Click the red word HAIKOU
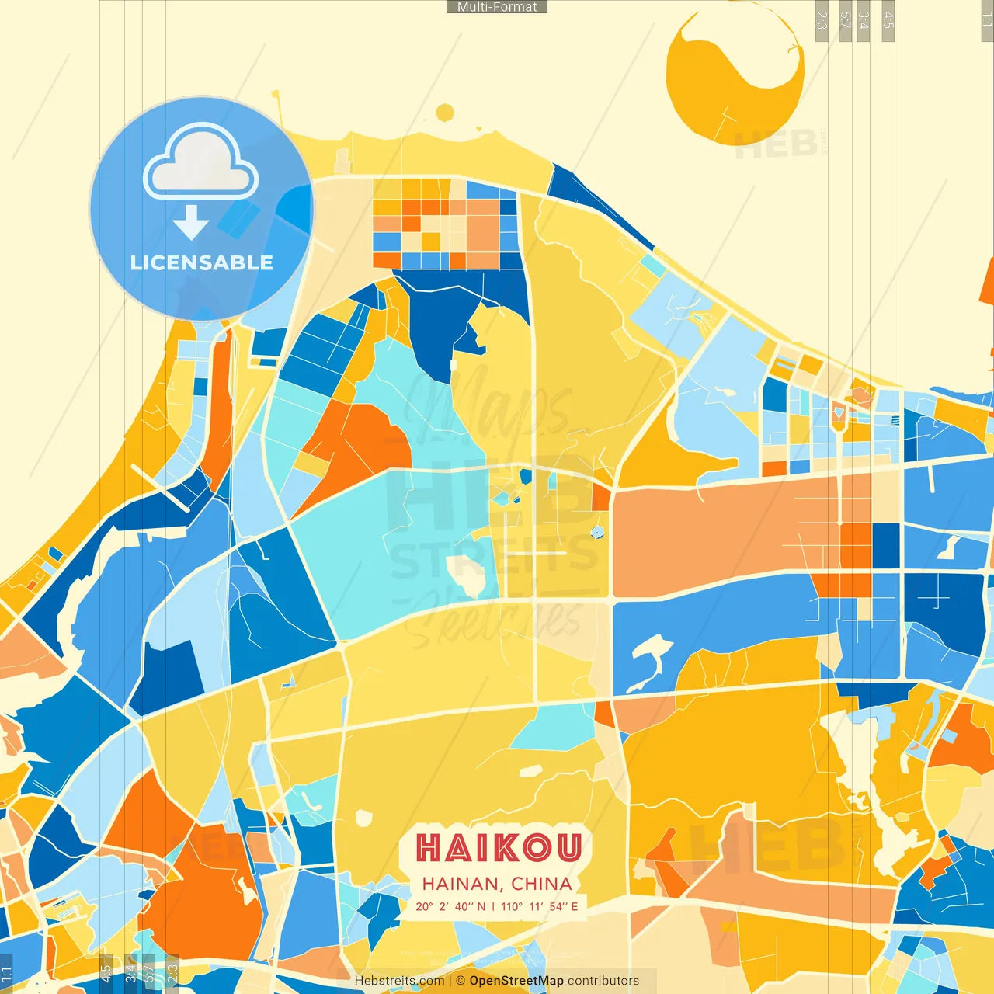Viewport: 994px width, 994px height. [498, 847]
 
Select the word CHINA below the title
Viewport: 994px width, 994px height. [541, 884]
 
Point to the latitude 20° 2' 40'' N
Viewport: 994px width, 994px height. [450, 906]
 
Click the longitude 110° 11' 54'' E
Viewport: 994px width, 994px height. [540, 906]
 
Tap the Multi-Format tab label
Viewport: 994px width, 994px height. [497, 7]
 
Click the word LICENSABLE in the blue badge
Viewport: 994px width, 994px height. [202, 262]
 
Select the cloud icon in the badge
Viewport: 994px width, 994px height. [200, 163]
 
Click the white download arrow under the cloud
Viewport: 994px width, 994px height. [191, 224]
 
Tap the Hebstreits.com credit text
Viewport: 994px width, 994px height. [399, 981]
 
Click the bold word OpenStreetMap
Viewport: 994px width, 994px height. [516, 981]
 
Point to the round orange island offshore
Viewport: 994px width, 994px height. [734, 78]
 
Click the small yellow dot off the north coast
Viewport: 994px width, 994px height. [445, 113]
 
